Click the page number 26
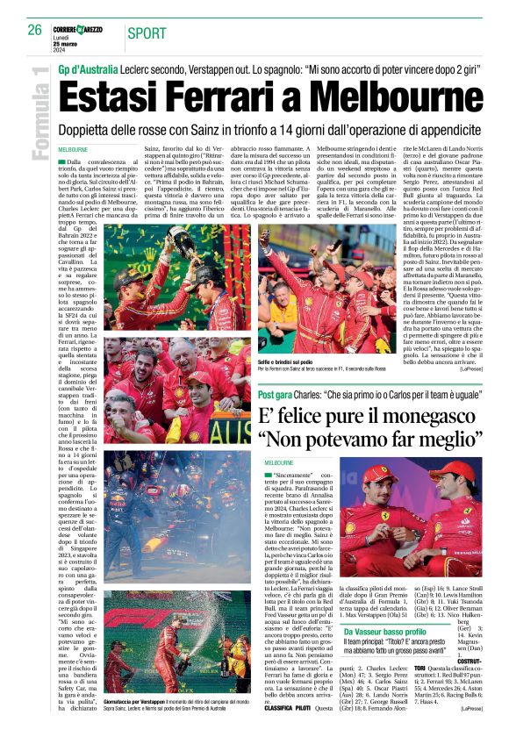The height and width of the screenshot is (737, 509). point(34,30)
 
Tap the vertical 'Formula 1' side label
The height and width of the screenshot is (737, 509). point(37,114)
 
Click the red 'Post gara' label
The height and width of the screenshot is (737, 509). point(275,395)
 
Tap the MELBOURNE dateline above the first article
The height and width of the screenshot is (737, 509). point(74,150)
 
